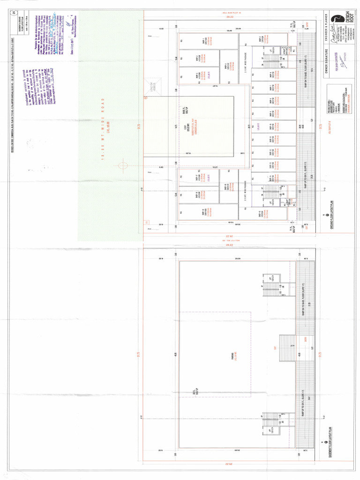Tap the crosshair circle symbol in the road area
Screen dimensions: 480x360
[123, 165]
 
